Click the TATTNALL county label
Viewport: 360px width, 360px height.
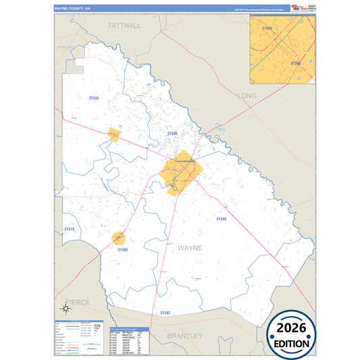[x=124, y=25]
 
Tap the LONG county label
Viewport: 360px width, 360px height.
[x=247, y=96]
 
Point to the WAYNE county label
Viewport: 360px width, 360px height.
[x=190, y=248]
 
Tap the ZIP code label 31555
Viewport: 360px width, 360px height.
[x=93, y=99]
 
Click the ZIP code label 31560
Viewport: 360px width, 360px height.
[x=122, y=251]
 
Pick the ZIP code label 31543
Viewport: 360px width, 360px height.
[x=165, y=313]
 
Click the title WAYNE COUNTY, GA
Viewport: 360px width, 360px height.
[x=78, y=9]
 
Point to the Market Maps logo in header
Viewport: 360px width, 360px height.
[x=299, y=8]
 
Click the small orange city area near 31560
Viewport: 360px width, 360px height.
[x=119, y=238]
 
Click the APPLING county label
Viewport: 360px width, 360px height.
[x=66, y=48]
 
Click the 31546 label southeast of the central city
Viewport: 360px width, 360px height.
[x=222, y=219]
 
